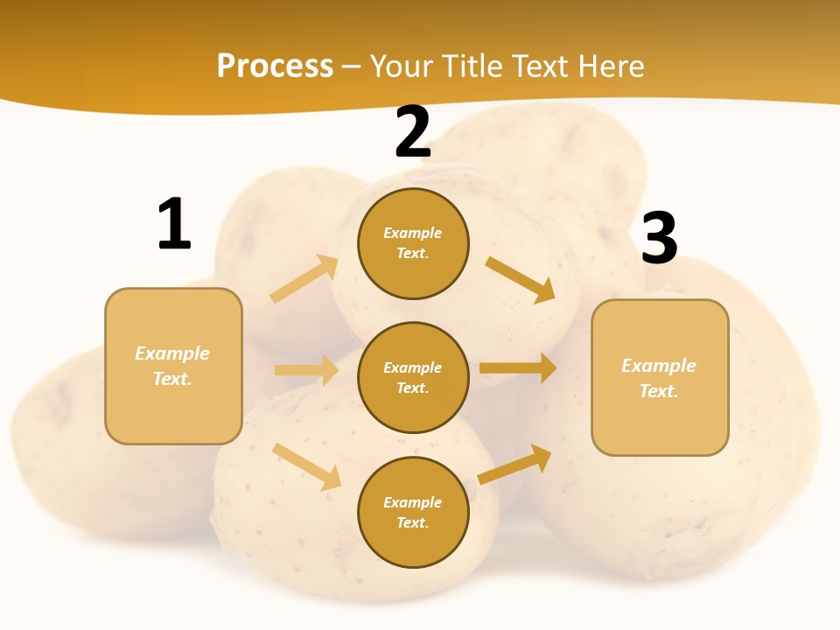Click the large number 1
point(174,224)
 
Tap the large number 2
point(413,132)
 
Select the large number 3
point(659,238)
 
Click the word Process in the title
point(275,66)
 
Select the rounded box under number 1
point(173,366)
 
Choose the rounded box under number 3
point(660,378)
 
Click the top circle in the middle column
point(413,243)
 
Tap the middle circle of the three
point(413,377)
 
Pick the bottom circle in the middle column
point(413,512)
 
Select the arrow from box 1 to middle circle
point(306,370)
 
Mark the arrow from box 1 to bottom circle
point(307,466)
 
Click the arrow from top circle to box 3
point(520,279)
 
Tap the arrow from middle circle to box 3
point(518,367)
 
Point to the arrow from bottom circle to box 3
point(515,464)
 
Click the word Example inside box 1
point(172,353)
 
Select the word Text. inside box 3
point(659,391)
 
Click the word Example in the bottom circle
point(413,502)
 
